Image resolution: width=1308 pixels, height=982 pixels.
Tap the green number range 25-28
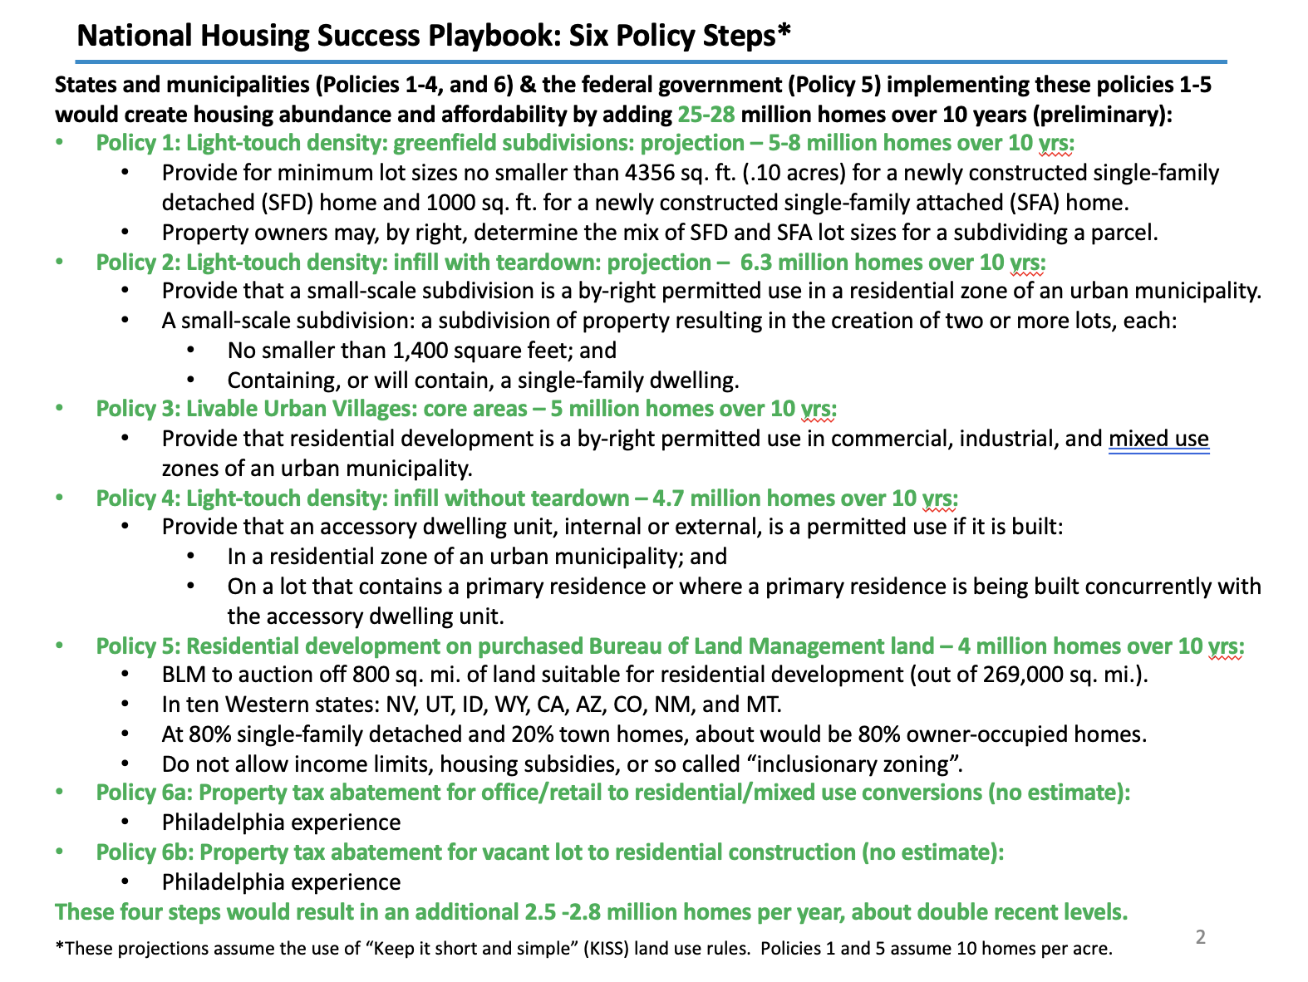tap(706, 114)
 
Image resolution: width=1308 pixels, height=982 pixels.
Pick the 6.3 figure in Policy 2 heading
tap(755, 263)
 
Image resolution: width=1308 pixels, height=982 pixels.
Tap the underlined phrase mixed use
tap(1158, 439)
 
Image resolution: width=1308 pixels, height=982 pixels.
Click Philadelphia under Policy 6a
tap(233, 823)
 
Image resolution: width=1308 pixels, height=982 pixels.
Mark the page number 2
tap(1200, 938)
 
